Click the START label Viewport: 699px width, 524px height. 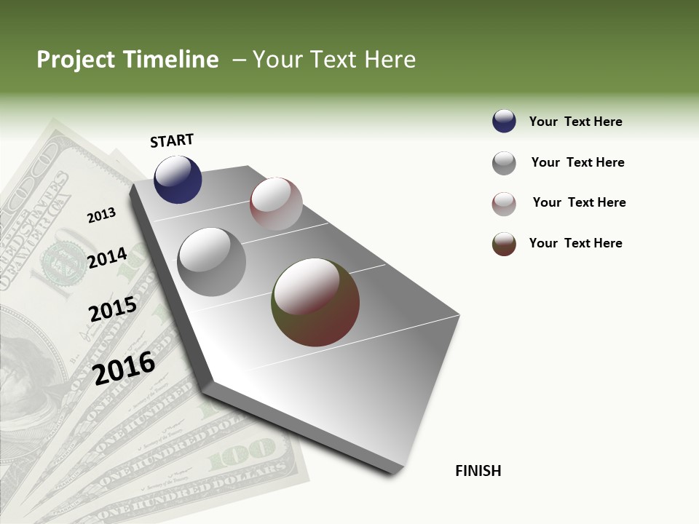click(172, 140)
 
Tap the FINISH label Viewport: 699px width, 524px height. click(478, 471)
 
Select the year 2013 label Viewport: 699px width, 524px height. click(102, 215)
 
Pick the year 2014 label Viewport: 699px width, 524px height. click(107, 258)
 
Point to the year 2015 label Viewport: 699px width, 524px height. click(113, 309)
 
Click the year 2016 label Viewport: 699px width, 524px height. click(124, 368)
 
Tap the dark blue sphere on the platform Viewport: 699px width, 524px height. click(178, 179)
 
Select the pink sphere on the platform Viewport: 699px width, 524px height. click(276, 204)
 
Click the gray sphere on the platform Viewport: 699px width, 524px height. click(212, 261)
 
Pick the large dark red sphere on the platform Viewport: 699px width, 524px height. click(315, 302)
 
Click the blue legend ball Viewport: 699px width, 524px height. click(504, 122)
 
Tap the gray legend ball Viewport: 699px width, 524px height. click(504, 163)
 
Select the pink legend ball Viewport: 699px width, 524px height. click(504, 204)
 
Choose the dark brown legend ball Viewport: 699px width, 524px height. click(504, 244)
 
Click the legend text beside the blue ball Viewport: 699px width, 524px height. click(575, 122)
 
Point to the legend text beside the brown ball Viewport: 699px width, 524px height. click(575, 243)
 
